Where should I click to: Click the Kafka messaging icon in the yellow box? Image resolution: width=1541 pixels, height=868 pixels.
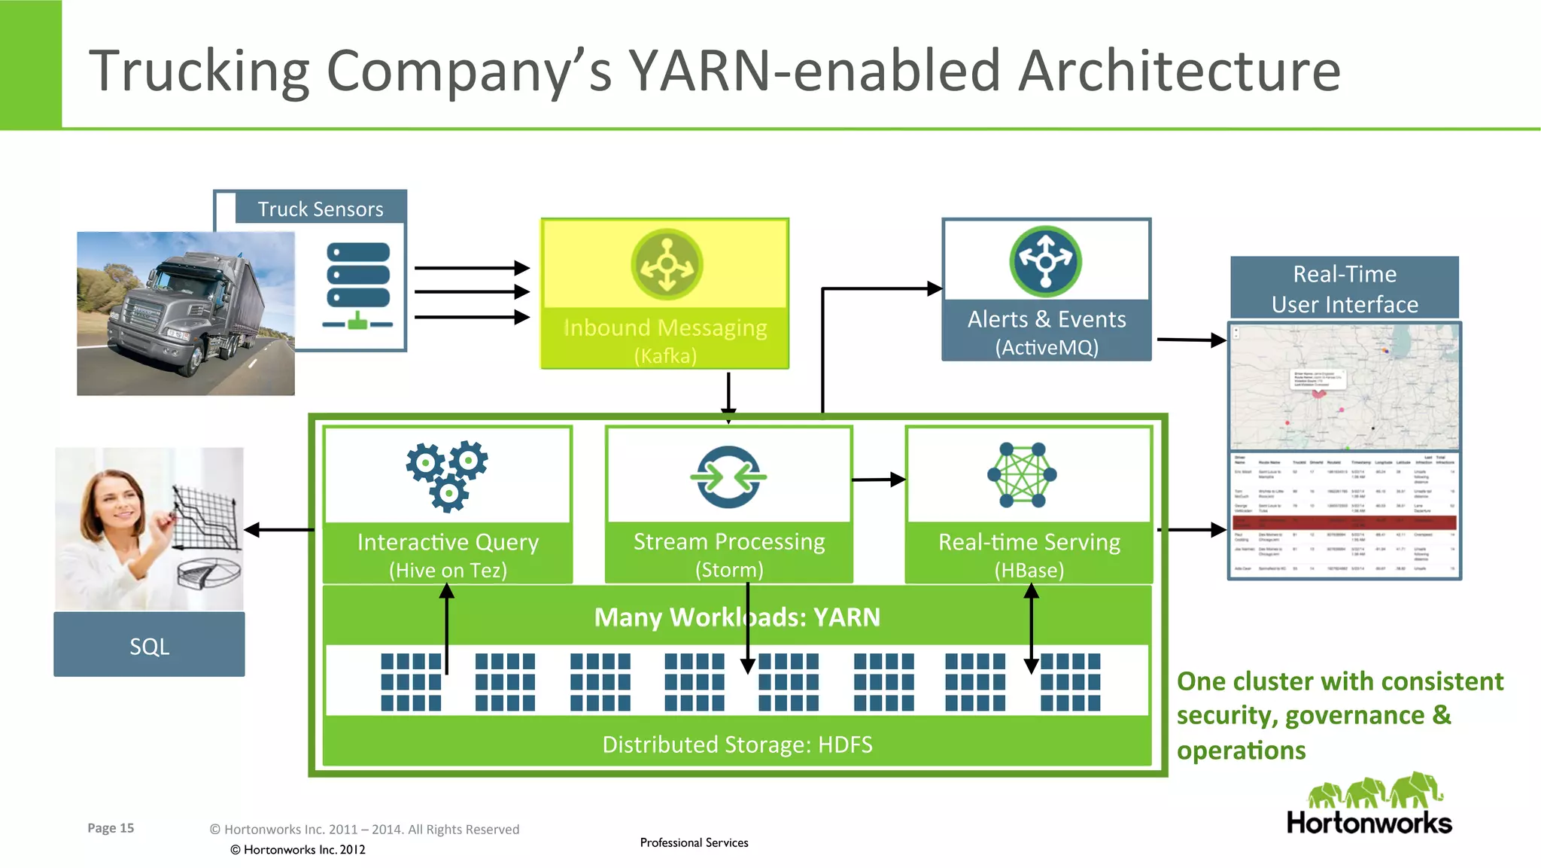(x=667, y=264)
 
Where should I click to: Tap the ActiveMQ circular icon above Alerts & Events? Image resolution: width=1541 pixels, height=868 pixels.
(x=1045, y=261)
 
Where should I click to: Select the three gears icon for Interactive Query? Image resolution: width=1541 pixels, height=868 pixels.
(x=447, y=475)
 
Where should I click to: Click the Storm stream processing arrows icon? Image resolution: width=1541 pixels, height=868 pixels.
(x=728, y=477)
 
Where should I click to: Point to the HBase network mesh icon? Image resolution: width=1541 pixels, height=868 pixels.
(x=1022, y=474)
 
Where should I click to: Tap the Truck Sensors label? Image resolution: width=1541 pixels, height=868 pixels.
(x=321, y=209)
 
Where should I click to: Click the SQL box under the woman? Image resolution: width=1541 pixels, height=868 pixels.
(x=149, y=645)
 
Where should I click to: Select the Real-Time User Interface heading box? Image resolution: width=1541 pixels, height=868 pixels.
(x=1344, y=288)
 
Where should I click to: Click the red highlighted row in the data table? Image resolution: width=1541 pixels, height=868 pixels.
(x=1344, y=521)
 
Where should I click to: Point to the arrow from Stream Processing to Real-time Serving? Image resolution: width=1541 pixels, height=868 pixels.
(x=878, y=480)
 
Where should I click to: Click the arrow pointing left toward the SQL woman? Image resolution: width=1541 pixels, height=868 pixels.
(x=278, y=530)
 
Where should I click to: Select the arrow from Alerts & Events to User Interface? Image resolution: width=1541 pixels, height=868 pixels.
(x=1191, y=340)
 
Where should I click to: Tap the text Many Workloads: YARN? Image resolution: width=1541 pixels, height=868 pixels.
(x=737, y=617)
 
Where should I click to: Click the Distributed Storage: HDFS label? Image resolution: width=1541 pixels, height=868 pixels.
(x=737, y=745)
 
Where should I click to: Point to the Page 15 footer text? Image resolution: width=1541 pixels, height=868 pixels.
(x=111, y=828)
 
